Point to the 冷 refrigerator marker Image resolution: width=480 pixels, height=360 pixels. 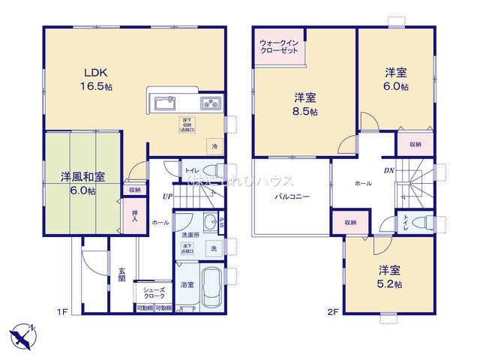(x=215, y=147)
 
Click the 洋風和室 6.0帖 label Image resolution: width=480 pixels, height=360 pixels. (x=82, y=184)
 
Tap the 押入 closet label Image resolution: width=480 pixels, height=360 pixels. (x=134, y=216)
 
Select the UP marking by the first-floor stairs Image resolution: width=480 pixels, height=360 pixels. (x=167, y=196)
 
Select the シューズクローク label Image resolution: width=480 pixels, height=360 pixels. (x=154, y=292)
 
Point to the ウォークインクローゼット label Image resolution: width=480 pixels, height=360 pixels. (x=279, y=47)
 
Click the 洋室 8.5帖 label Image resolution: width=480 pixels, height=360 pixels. (x=304, y=103)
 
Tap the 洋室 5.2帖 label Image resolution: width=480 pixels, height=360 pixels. (x=389, y=277)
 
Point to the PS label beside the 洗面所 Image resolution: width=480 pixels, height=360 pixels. (x=222, y=224)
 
